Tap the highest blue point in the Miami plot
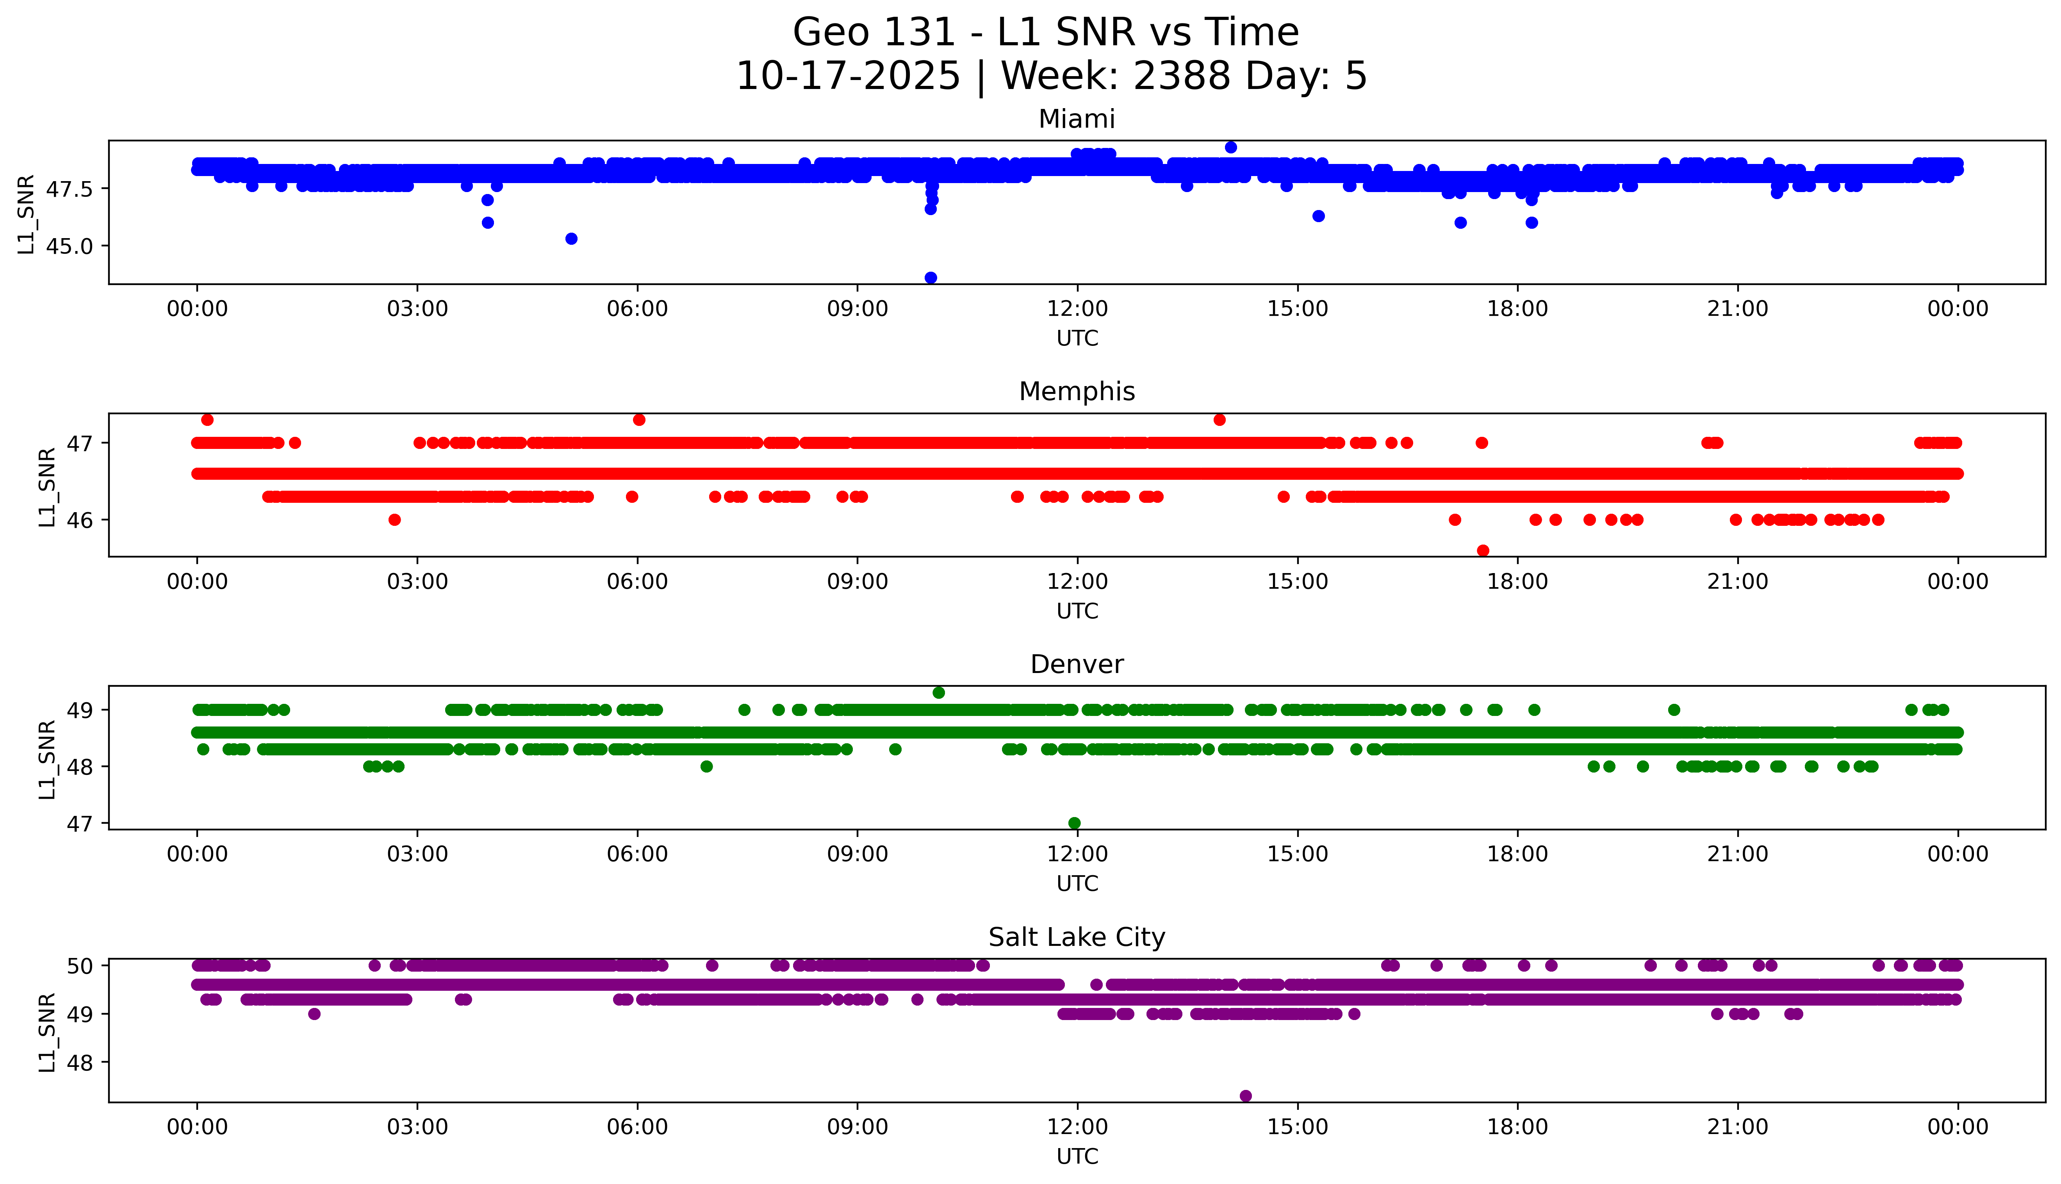1230,147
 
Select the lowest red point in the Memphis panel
1483,550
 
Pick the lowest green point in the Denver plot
1073,823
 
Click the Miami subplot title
1077,119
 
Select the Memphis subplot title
1077,392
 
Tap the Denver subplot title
1077,664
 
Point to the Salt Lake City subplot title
1077,938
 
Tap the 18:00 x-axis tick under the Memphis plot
1518,581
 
